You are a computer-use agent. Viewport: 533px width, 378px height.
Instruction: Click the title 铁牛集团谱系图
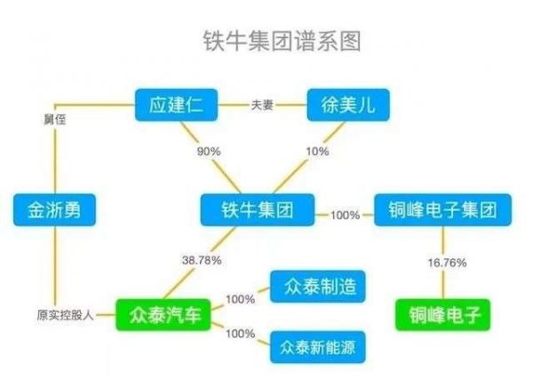(x=266, y=41)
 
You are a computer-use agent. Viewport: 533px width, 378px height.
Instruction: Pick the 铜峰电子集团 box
(x=443, y=211)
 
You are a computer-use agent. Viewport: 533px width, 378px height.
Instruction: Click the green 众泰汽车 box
(x=164, y=315)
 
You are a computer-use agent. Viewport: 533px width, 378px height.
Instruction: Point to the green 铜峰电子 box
(x=443, y=315)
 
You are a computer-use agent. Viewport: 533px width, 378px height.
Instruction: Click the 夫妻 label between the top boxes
(x=261, y=106)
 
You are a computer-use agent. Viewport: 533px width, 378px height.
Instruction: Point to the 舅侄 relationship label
(x=53, y=119)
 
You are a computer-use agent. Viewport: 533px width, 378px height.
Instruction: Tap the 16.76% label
(x=443, y=264)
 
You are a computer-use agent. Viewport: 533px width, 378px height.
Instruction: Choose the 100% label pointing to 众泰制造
(x=240, y=299)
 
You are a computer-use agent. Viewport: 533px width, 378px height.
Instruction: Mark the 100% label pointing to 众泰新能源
(x=240, y=334)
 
